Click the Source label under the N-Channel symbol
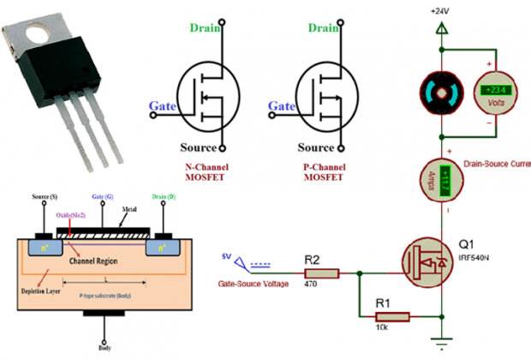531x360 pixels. (205, 147)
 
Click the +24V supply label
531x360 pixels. (440, 10)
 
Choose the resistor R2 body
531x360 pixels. (323, 273)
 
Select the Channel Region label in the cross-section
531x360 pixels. (93, 260)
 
